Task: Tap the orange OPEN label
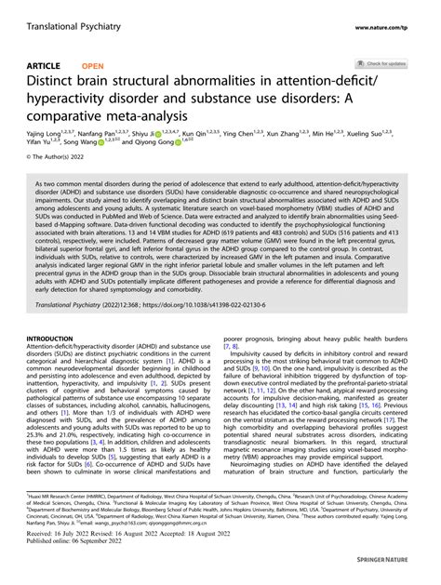(x=92, y=67)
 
